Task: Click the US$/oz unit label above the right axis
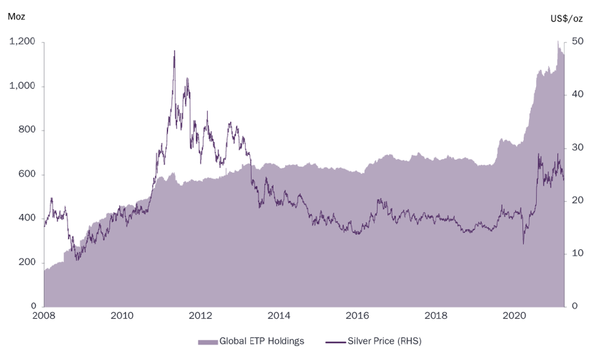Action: coord(567,20)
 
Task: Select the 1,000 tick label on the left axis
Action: coord(23,87)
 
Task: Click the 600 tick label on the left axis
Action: coord(28,175)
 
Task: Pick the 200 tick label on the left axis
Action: coord(28,262)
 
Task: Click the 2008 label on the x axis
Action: coord(44,316)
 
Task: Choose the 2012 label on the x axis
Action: coord(201,316)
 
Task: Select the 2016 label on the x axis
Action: coord(358,316)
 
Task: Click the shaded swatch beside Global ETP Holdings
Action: coord(208,341)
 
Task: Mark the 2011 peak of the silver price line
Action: coord(174,51)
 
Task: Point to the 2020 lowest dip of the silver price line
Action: coord(524,244)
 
